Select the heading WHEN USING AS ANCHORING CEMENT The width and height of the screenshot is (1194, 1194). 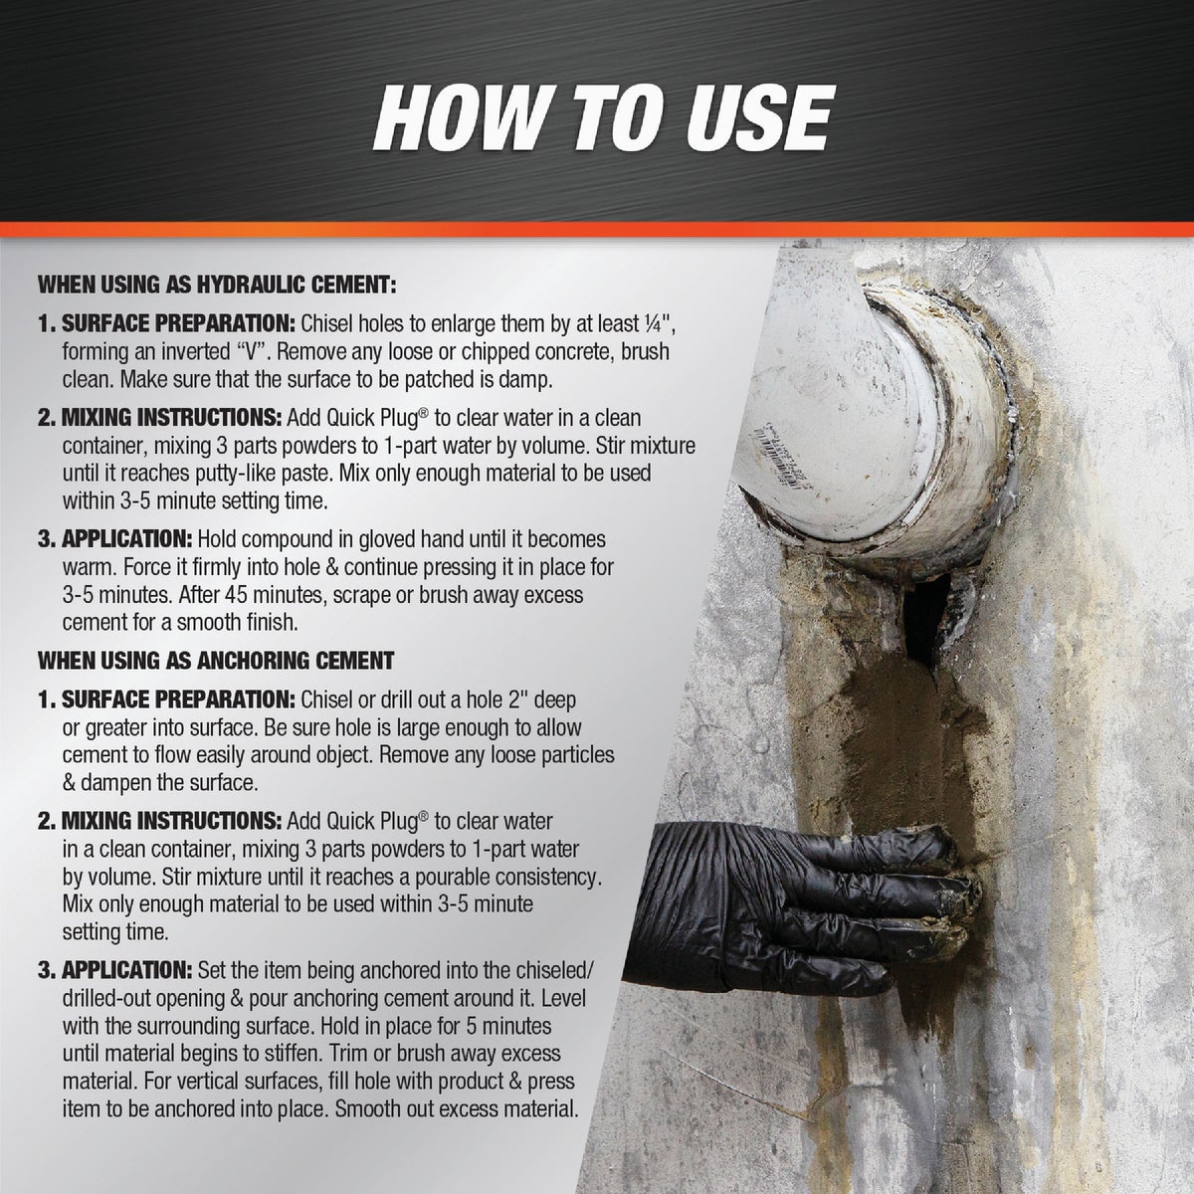click(x=216, y=660)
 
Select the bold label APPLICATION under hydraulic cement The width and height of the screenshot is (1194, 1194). click(x=128, y=540)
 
